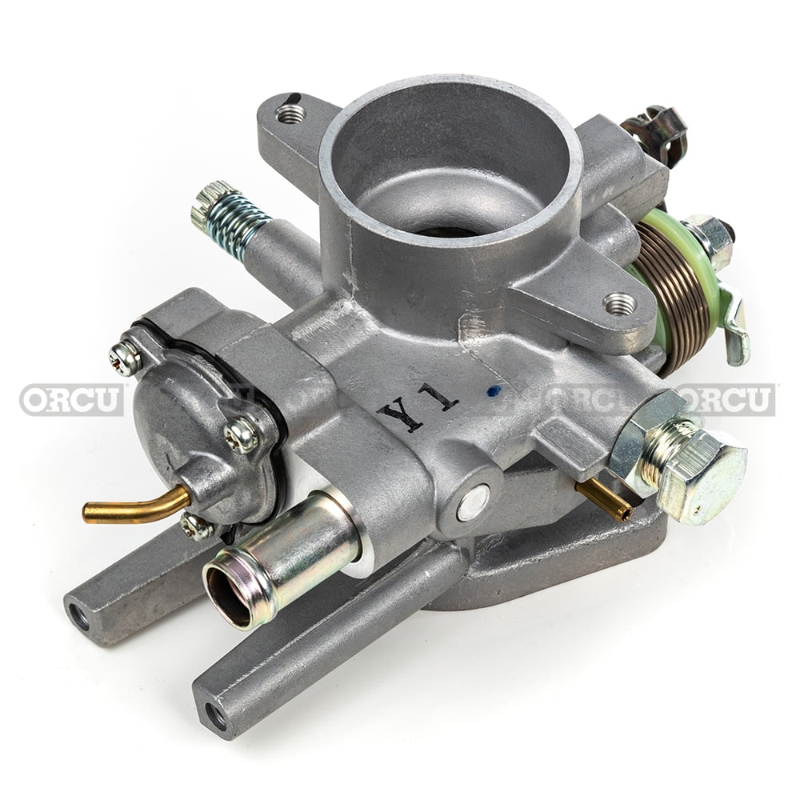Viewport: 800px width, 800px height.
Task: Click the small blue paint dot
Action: coord(494,391)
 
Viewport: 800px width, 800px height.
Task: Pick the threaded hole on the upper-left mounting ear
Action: coord(290,114)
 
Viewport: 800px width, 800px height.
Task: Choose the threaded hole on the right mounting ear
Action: coord(619,303)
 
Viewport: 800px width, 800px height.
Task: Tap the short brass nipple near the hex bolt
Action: coord(604,499)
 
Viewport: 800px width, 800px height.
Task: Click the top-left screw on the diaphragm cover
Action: coord(126,358)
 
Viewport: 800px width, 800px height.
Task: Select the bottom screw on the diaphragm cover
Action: coord(194,526)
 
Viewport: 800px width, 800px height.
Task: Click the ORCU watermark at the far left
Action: coord(71,399)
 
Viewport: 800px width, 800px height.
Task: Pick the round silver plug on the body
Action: coord(473,502)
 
